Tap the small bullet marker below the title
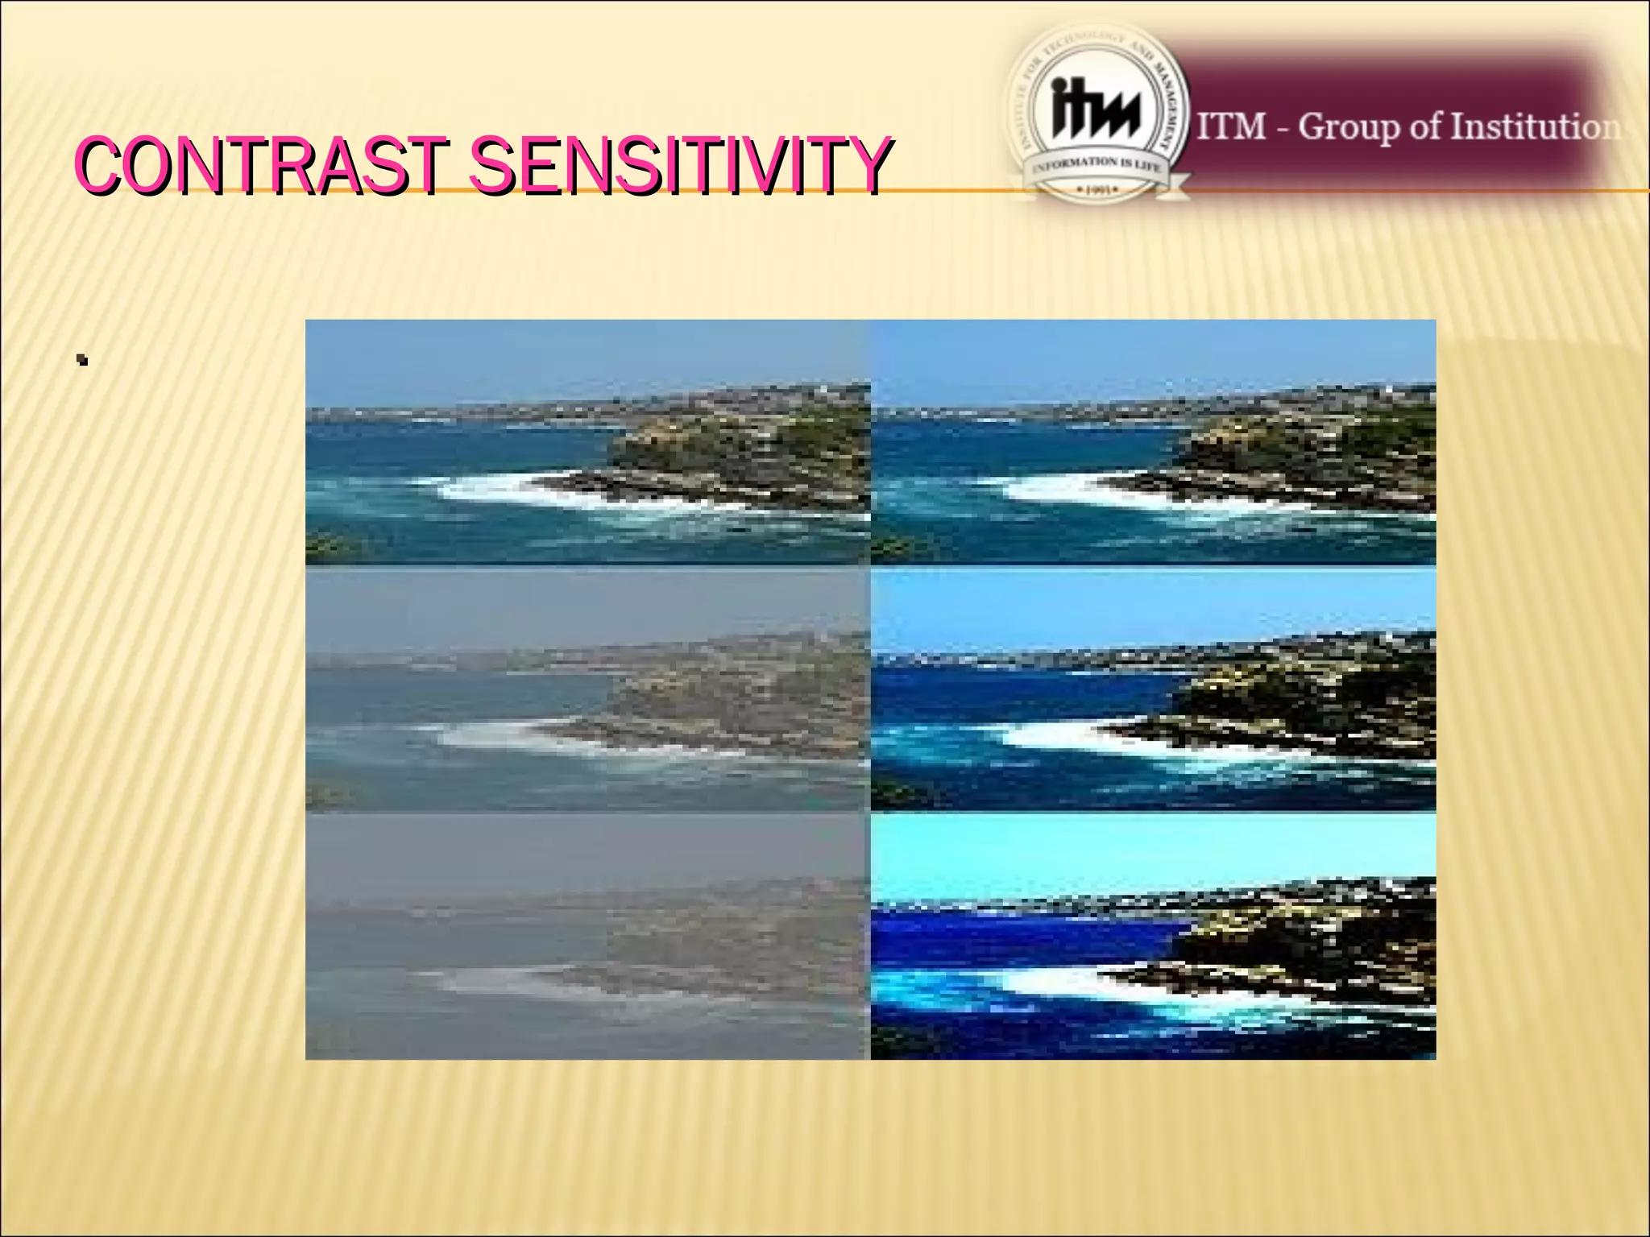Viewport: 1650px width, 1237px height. coord(81,360)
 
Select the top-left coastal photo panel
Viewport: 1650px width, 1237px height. coord(587,442)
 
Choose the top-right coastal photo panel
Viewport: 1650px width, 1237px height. coord(1153,442)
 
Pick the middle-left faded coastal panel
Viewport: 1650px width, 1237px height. coord(587,689)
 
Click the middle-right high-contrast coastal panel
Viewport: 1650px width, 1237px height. coord(1153,689)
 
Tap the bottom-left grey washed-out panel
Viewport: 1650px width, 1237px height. coord(587,937)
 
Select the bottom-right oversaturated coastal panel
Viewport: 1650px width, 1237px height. coord(1153,937)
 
